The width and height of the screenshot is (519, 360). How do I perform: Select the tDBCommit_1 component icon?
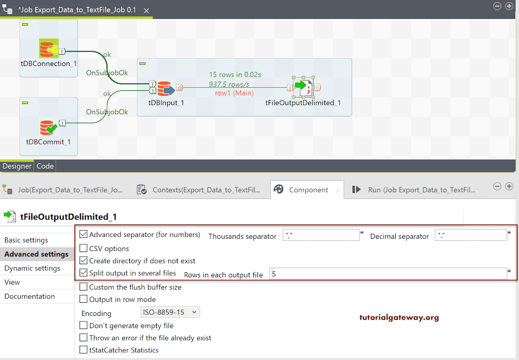click(x=48, y=127)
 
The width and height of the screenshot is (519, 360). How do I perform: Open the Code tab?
click(x=45, y=166)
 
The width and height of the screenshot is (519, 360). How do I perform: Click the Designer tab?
click(x=17, y=166)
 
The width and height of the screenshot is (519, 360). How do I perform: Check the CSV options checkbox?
click(x=84, y=248)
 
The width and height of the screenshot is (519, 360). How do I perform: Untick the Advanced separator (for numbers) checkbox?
click(x=84, y=235)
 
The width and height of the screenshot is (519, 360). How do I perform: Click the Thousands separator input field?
click(x=320, y=235)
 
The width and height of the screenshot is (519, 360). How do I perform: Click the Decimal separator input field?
click(x=470, y=235)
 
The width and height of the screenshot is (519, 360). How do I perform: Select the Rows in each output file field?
click(x=388, y=274)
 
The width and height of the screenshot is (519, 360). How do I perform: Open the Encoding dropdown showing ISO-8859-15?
click(x=170, y=312)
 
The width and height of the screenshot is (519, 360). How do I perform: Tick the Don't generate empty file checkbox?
click(x=84, y=326)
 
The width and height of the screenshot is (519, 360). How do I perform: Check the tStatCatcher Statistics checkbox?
click(x=84, y=350)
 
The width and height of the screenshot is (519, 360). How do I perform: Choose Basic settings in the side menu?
click(x=26, y=240)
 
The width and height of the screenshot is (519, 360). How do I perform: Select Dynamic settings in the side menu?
click(x=32, y=268)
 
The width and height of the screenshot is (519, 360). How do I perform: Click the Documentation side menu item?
click(x=29, y=296)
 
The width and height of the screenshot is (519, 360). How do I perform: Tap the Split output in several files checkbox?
click(x=84, y=273)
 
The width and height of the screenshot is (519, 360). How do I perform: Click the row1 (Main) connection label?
click(x=234, y=93)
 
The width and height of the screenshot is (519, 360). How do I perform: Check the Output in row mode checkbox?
click(x=84, y=299)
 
